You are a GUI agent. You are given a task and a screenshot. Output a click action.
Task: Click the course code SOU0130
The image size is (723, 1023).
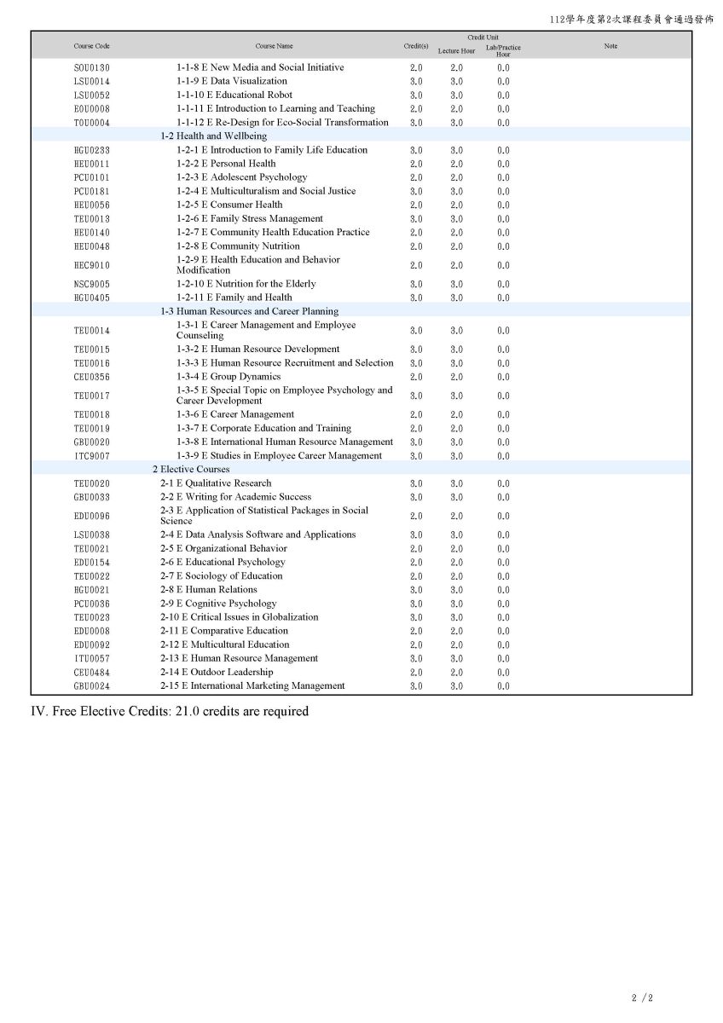(91, 68)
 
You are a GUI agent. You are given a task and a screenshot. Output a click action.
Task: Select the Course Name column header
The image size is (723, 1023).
(274, 46)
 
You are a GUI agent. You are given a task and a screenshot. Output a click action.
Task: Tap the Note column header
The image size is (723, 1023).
(610, 46)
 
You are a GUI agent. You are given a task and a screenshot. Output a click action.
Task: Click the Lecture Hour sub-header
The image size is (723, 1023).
(456, 51)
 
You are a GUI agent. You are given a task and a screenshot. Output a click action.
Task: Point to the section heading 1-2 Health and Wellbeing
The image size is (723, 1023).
(213, 136)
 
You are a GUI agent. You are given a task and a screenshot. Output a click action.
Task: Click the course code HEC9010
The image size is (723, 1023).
(91, 265)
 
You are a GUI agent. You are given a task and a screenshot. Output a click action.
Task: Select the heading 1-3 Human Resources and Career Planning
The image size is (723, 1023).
(249, 311)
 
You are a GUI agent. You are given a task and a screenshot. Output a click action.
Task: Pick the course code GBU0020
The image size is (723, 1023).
(91, 442)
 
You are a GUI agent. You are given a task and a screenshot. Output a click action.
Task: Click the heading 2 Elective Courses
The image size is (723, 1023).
(191, 469)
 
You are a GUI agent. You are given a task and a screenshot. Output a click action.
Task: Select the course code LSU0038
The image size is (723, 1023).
(91, 535)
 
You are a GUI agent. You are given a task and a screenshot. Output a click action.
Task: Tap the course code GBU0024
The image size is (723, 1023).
(91, 686)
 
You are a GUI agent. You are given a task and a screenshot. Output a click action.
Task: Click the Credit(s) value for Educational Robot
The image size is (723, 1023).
(416, 95)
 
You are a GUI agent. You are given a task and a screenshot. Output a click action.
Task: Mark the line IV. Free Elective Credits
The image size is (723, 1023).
(170, 711)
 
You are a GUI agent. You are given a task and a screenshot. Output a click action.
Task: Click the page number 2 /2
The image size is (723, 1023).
(642, 997)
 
